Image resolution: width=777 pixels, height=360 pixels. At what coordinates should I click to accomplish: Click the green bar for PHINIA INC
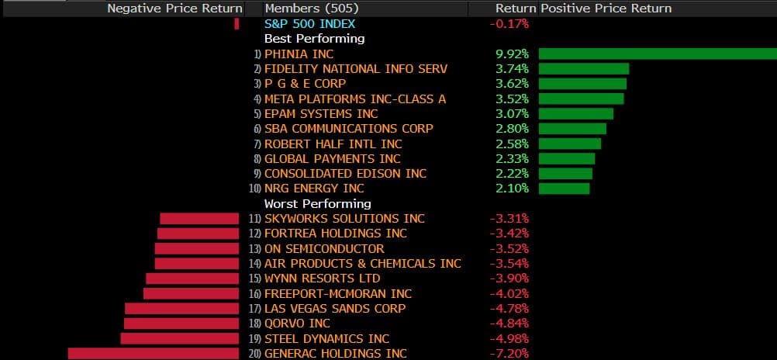pos(658,54)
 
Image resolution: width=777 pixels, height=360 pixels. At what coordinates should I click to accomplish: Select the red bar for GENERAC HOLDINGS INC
pos(154,354)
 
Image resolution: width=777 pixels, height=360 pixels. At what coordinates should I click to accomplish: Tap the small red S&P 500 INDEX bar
pos(237,24)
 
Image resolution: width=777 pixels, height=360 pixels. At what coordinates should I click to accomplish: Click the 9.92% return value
pos(512,54)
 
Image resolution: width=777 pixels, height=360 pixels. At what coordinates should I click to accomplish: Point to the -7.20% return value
pos(509,354)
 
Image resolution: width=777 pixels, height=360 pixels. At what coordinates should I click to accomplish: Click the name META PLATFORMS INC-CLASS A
pos(355,99)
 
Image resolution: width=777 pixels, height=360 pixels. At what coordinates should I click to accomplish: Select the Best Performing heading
pos(314,39)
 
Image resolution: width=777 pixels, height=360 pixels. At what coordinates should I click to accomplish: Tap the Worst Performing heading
pos(318,203)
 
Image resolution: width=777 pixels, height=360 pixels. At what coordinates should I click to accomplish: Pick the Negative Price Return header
pos(174,9)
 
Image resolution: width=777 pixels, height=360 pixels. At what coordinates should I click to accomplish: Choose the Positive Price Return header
pos(606,9)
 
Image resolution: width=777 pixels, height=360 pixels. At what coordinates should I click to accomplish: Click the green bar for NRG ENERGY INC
pos(564,189)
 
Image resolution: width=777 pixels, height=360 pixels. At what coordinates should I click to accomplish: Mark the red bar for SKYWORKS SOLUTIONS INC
pos(199,219)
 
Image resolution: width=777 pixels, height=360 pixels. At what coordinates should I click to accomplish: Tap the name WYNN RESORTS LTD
pos(322,279)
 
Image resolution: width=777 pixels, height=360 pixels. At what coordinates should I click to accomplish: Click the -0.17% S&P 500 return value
pos(509,24)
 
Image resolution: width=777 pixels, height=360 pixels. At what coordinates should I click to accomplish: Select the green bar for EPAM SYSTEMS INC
pos(575,113)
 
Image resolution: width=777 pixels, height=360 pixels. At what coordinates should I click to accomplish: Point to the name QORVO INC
pos(297,324)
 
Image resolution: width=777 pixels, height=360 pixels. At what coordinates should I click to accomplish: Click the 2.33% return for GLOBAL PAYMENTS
pos(512,158)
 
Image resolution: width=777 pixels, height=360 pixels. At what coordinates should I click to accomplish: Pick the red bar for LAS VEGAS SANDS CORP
pos(181,309)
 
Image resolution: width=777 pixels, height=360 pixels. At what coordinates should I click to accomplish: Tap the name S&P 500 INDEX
pos(309,24)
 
